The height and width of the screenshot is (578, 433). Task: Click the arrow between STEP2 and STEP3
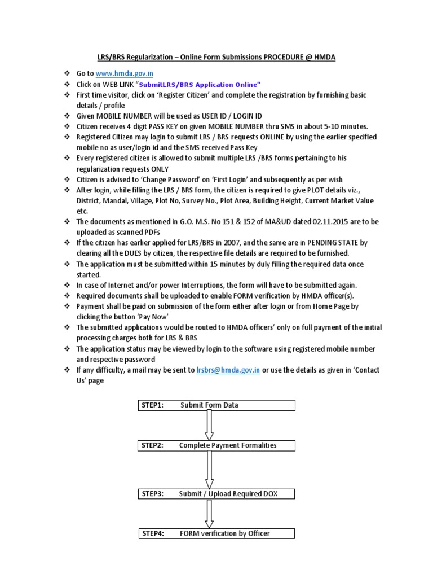coord(209,469)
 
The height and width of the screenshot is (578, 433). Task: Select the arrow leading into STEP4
coord(209,513)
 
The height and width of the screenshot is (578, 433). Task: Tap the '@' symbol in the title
coord(312,57)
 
